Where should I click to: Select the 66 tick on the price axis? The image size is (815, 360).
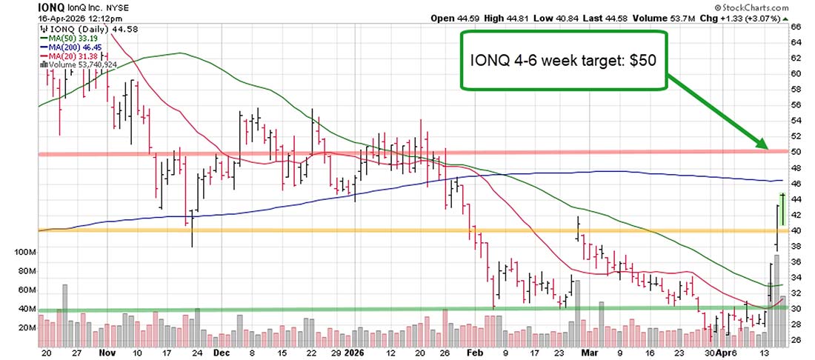[x=796, y=26]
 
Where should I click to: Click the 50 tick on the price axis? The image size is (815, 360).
[x=796, y=152]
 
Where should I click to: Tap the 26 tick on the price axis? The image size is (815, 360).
[x=796, y=340]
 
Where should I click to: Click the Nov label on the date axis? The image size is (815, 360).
[x=109, y=353]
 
